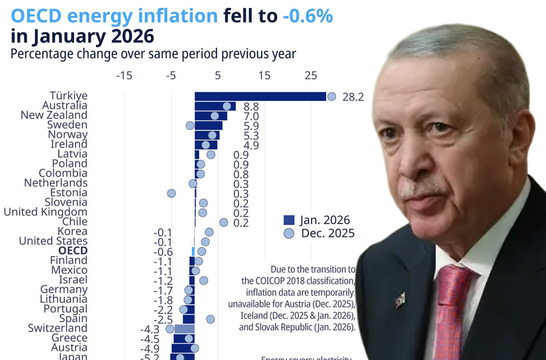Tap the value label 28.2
(x=352, y=97)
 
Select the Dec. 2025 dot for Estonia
(x=171, y=193)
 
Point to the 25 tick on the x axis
(x=311, y=76)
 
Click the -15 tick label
(x=124, y=76)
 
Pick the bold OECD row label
(x=73, y=251)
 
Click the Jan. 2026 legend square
(x=289, y=220)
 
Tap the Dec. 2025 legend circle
(x=289, y=234)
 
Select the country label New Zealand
(x=54, y=115)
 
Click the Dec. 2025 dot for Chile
(x=223, y=222)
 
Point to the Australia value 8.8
(x=251, y=107)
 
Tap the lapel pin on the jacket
(x=399, y=299)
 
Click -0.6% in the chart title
(x=308, y=16)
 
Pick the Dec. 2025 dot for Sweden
(x=190, y=125)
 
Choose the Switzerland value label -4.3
(x=150, y=329)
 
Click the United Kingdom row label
(x=45, y=212)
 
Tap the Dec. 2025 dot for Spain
(x=210, y=319)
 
